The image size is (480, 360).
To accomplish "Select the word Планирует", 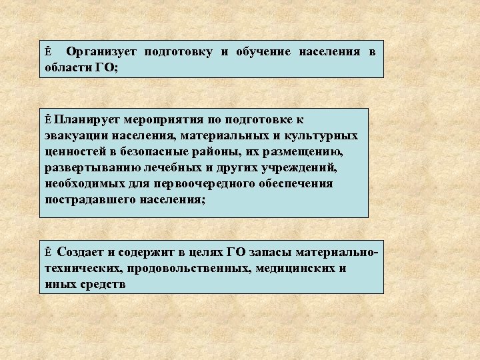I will coord(83,120).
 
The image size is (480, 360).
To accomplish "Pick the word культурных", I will coord(321,136).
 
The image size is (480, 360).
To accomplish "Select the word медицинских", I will coord(299,269).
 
